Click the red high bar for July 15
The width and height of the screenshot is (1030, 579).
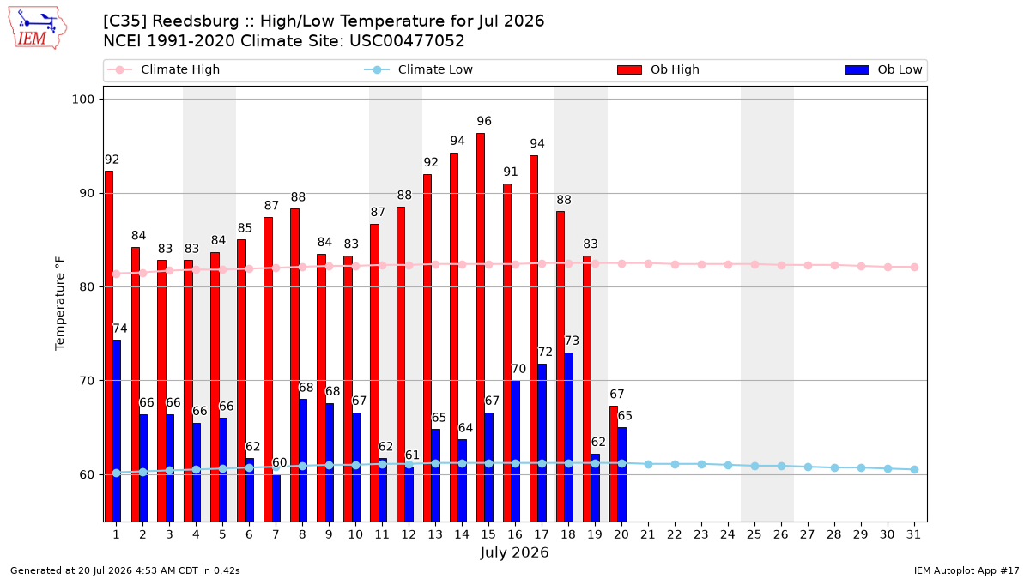point(481,327)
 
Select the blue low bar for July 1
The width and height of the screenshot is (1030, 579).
point(117,431)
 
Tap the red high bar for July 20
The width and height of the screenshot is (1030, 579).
point(614,464)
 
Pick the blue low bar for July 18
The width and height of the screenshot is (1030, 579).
point(569,437)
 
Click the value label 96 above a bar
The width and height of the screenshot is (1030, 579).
point(484,121)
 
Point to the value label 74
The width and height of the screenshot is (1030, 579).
point(120,329)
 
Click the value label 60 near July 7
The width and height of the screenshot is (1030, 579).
point(280,462)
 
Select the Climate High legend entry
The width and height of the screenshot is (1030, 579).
point(164,69)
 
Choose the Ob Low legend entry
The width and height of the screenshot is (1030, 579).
point(883,69)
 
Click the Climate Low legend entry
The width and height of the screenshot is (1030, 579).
point(419,69)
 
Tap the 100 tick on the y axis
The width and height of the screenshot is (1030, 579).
point(82,100)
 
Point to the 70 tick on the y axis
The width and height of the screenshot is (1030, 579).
point(87,381)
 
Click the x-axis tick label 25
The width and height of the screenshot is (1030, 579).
point(754,534)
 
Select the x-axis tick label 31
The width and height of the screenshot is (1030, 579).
point(913,534)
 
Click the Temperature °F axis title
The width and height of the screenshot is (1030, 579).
point(60,304)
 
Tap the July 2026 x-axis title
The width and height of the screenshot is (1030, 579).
point(514,552)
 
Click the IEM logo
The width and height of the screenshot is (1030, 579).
point(38,28)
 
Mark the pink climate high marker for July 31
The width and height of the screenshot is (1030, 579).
point(915,267)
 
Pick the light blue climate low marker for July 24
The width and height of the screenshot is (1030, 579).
point(729,466)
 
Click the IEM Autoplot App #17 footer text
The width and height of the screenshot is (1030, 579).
point(966,570)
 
